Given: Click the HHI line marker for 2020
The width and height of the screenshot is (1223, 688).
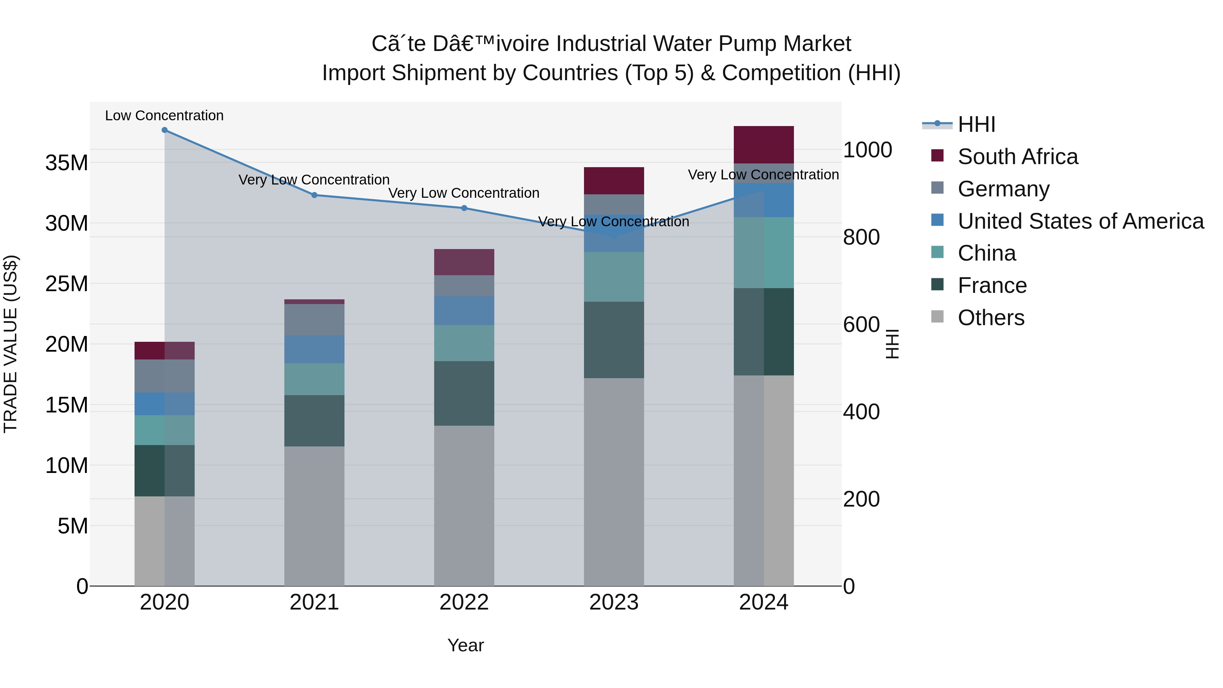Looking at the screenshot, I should [x=165, y=130].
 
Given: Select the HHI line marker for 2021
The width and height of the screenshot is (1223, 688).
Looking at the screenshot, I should [x=314, y=195].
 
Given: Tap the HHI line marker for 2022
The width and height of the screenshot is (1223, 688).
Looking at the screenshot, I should [x=464, y=208].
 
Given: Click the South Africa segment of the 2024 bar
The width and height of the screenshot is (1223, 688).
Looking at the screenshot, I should [x=763, y=145].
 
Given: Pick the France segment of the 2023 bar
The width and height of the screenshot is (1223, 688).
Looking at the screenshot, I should [x=614, y=340].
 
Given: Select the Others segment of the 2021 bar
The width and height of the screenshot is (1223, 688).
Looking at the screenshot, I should [x=314, y=516].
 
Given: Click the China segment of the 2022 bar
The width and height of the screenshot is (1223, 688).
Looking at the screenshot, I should [x=464, y=343].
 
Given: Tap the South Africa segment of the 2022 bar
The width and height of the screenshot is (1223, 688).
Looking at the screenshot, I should [x=464, y=262].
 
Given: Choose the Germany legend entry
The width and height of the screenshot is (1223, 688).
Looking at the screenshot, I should [x=1003, y=189].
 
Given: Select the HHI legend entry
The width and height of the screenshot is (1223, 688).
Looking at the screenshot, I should [x=976, y=124].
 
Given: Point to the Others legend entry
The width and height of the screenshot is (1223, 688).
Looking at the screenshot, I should [x=991, y=318].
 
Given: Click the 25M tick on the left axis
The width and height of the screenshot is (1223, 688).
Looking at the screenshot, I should [x=67, y=284].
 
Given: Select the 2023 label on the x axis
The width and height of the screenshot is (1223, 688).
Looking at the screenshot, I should [x=614, y=602].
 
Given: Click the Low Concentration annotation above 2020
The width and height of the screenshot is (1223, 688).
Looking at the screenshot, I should [x=164, y=116].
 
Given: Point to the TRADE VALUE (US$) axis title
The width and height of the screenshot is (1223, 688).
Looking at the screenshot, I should [x=11, y=344].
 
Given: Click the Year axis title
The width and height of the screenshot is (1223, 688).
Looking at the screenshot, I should [x=465, y=645].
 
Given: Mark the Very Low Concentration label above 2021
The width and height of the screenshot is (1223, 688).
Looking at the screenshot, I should [x=314, y=180].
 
